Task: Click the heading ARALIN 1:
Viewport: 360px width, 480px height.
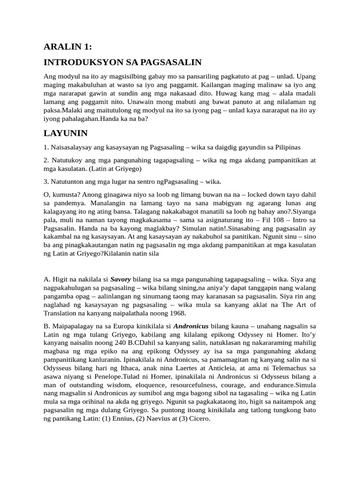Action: (67, 46)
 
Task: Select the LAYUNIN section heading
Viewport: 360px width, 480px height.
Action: (66, 133)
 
